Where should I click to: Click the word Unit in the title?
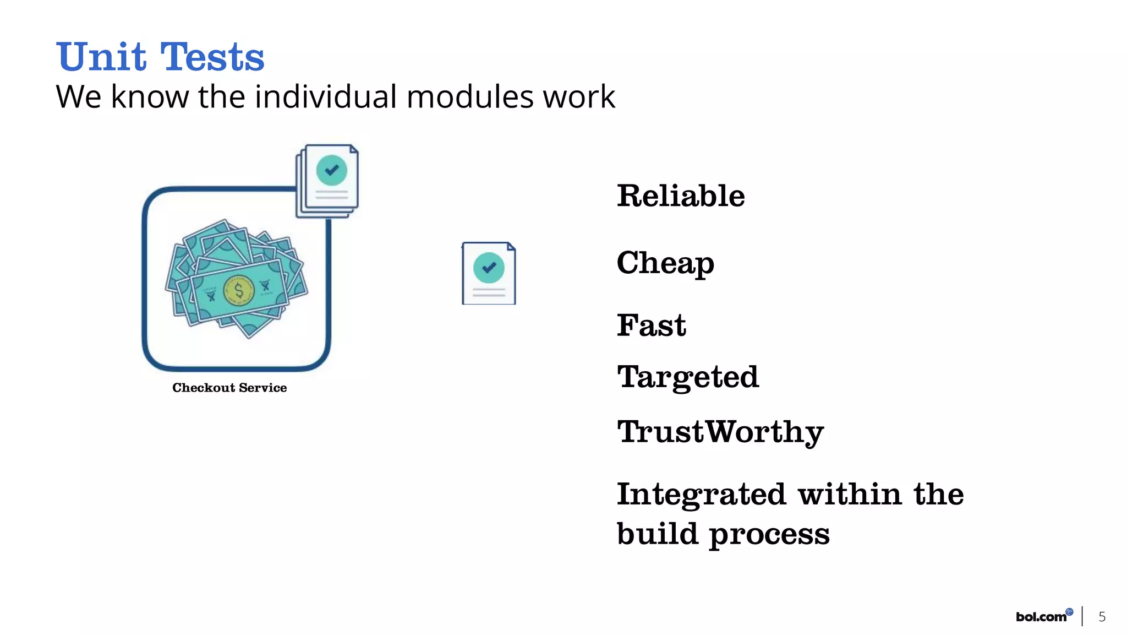tap(101, 57)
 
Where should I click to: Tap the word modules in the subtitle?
tap(470, 97)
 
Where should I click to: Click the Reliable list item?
tap(681, 196)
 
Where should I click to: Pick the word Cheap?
tap(665, 263)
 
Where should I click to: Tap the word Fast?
tap(651, 325)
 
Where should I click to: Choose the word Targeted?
tap(688, 377)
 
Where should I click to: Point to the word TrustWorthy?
tap(720, 432)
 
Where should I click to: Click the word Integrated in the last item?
tap(701, 494)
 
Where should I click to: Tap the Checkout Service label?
tap(229, 388)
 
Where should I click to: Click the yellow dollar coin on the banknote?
tap(239, 290)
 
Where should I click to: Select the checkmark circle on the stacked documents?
tap(332, 170)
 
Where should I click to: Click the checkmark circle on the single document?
tap(489, 268)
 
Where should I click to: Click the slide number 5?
tap(1102, 617)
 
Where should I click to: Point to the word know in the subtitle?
tap(150, 97)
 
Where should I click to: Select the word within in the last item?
tap(850, 494)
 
